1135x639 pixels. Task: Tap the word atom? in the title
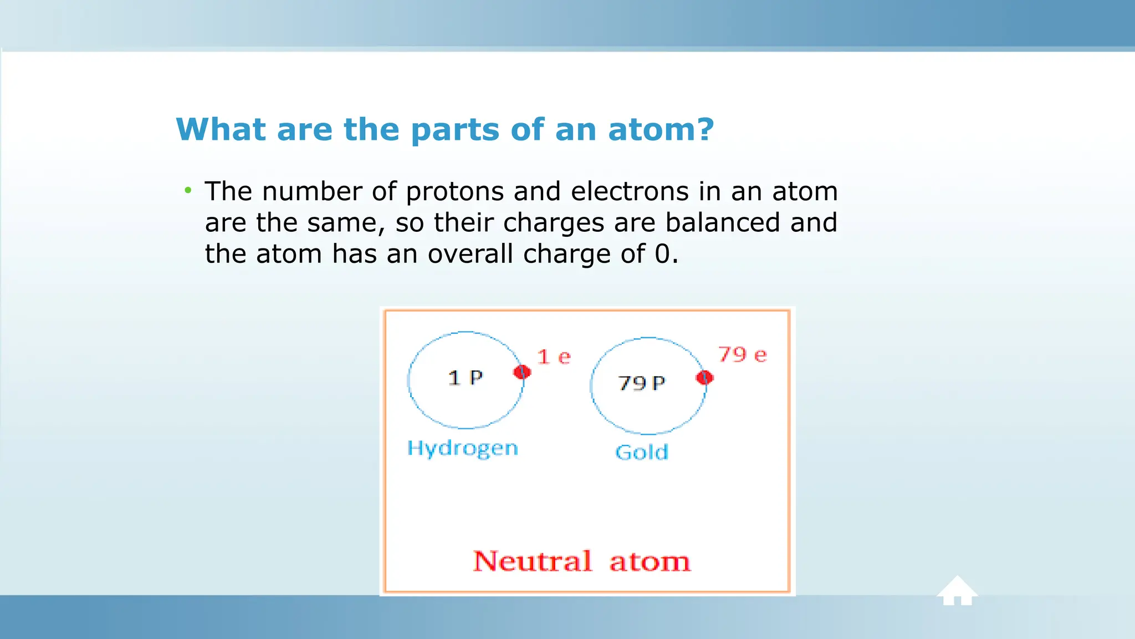pos(661,129)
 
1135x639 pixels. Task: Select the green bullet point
pos(188,191)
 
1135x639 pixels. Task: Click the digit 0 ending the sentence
pos(662,254)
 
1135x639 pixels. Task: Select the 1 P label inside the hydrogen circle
pos(465,378)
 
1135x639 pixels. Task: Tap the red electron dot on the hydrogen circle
pos(522,372)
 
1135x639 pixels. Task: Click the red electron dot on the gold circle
pos(704,378)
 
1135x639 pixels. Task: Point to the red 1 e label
pos(554,357)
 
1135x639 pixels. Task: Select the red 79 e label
pos(743,354)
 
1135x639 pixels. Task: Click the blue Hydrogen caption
pos(463,448)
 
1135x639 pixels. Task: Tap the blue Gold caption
pos(642,453)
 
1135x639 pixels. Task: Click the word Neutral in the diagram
pos(533,561)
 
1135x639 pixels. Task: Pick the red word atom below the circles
pos(650,562)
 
